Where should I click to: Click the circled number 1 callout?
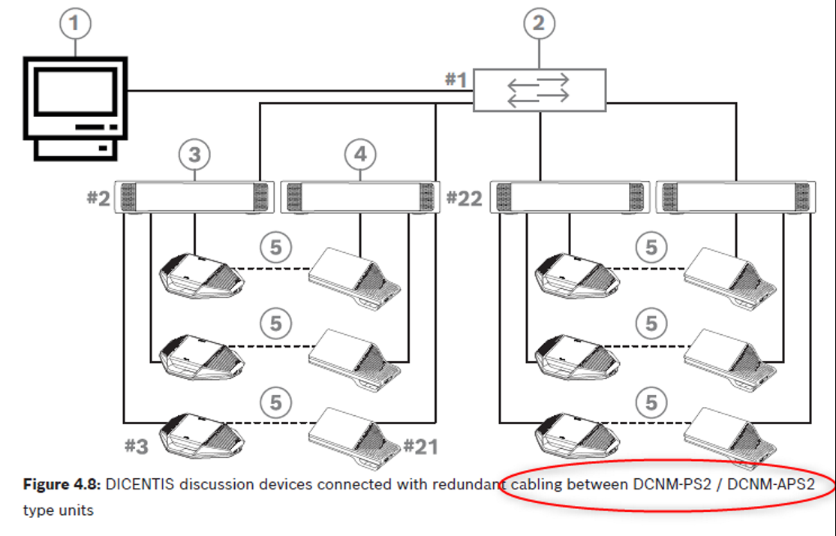tap(74, 23)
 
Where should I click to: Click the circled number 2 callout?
tap(539, 23)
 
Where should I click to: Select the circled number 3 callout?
tap(194, 155)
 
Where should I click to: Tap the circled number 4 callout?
tap(360, 155)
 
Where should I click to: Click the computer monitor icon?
tap(75, 105)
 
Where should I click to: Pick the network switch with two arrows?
tap(539, 89)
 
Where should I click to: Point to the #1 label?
tap(456, 80)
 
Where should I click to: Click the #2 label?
tap(98, 199)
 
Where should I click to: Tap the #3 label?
tap(137, 446)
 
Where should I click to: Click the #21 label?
tap(420, 446)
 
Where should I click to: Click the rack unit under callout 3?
tap(194, 197)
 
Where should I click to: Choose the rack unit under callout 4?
tap(360, 197)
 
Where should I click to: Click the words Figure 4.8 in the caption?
tap(62, 485)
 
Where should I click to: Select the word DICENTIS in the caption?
tap(140, 485)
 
